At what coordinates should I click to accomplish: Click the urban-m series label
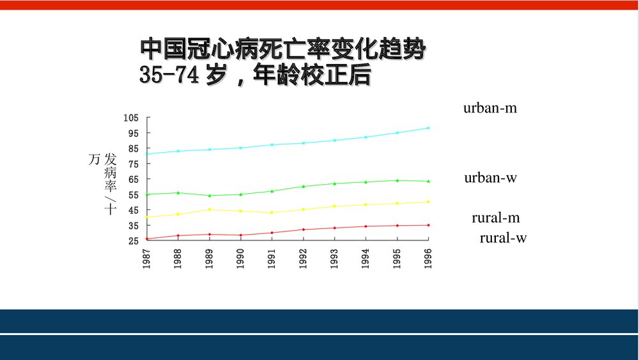click(489, 108)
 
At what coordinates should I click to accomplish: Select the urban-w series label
click(490, 178)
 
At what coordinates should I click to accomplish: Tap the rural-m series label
click(495, 217)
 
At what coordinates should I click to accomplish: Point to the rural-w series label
click(503, 238)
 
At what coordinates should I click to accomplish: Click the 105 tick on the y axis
click(131, 118)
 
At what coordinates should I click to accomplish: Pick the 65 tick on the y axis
click(133, 180)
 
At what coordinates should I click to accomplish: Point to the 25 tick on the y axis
click(133, 241)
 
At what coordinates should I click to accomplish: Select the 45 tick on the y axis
click(133, 210)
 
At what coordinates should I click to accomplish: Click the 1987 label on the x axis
click(147, 258)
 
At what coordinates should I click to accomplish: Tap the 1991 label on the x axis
click(272, 258)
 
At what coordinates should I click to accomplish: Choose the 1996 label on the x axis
click(428, 258)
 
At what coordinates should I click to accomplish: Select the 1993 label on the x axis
click(334, 258)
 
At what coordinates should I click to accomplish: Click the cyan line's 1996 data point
click(428, 128)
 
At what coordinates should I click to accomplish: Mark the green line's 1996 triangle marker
click(428, 181)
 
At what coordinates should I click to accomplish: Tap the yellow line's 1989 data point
click(210, 209)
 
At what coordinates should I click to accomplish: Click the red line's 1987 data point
click(148, 239)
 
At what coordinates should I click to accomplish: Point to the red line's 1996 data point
click(428, 225)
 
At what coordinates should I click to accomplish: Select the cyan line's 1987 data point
click(148, 153)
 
